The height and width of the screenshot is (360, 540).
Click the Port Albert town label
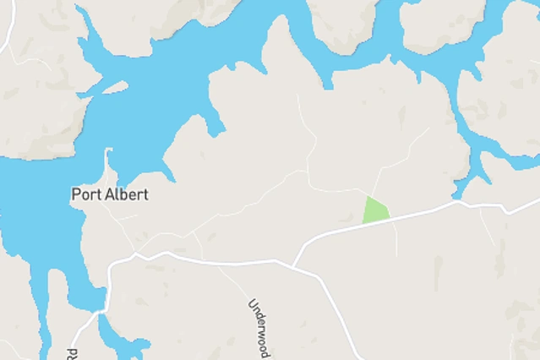110,194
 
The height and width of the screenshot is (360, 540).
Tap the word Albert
128,194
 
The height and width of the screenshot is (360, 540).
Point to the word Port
88,194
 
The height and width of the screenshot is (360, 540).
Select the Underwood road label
259,328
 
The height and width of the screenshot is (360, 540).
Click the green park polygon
374,210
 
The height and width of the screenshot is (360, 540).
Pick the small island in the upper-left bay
115,86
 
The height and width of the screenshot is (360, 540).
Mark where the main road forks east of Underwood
293,266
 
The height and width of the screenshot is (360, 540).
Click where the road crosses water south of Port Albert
101,310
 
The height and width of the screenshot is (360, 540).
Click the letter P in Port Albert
76,194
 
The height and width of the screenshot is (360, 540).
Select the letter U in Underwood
252,303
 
